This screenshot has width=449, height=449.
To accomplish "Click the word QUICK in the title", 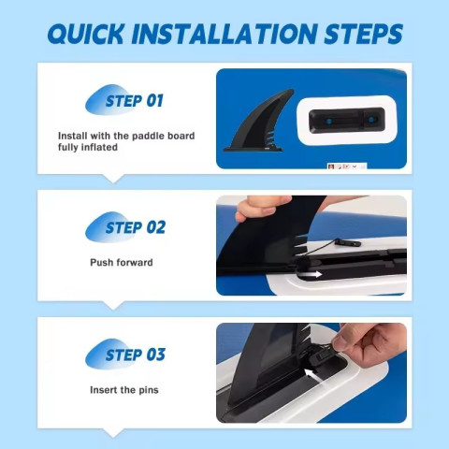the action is pyautogui.click(x=86, y=33).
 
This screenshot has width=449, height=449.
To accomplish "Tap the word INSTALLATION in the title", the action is pyautogui.click(x=224, y=33).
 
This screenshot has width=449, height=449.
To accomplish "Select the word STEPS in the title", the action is pyautogui.click(x=364, y=33).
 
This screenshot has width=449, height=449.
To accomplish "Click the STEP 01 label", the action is pyautogui.click(x=135, y=101).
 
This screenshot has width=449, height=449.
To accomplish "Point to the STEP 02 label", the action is pyautogui.click(x=136, y=227).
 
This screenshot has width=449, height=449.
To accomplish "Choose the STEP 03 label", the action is pyautogui.click(x=136, y=355).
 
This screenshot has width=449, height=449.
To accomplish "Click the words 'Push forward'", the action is pyautogui.click(x=122, y=263).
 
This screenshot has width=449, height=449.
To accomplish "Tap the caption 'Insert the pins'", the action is pyautogui.click(x=124, y=390).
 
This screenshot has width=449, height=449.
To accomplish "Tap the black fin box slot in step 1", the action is pyautogui.click(x=346, y=120).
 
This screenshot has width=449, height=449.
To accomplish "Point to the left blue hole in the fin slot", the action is pyautogui.click(x=327, y=121).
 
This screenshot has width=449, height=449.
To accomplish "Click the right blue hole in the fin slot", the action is pyautogui.click(x=371, y=120).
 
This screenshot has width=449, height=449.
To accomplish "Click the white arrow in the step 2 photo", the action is pyautogui.click(x=315, y=274).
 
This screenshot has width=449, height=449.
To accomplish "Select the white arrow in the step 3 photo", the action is pyautogui.click(x=312, y=375).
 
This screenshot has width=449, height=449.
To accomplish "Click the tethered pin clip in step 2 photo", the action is pyautogui.click(x=349, y=242).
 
